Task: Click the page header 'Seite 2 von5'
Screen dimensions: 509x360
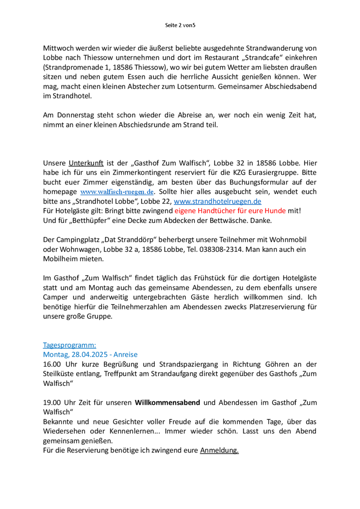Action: click(180, 25)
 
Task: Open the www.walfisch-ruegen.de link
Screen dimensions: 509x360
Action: click(117, 191)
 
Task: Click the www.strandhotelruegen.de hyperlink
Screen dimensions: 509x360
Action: click(218, 201)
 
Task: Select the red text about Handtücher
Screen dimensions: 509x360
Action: click(239, 211)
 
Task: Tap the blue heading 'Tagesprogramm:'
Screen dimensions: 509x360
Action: click(69, 345)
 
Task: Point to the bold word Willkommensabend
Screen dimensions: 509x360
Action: click(167, 403)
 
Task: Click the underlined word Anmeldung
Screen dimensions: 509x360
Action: click(219, 451)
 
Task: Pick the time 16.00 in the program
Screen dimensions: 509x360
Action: click(51, 364)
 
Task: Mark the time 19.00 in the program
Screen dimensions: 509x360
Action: click(51, 403)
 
